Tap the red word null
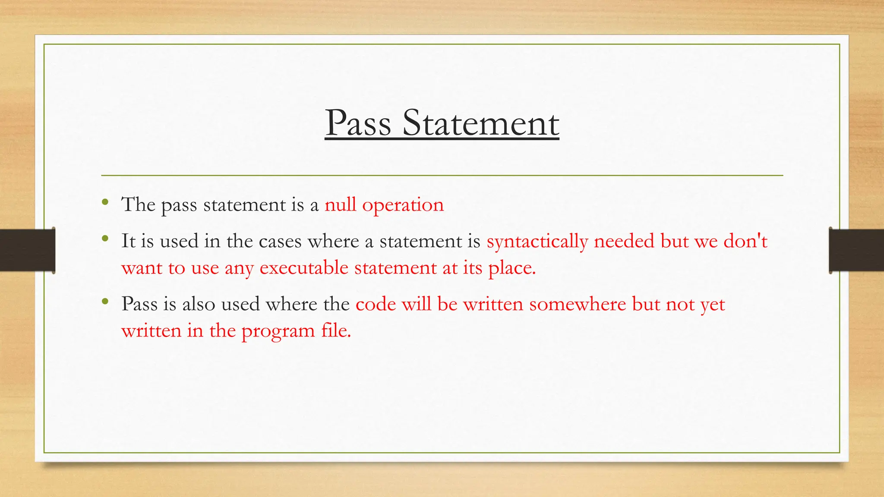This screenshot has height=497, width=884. click(x=341, y=204)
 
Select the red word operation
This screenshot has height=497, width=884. click(x=403, y=205)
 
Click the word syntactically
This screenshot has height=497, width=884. click(x=537, y=242)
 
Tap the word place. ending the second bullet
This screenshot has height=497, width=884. click(x=512, y=269)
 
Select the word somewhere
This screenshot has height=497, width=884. click(x=578, y=304)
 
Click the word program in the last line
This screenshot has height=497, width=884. click(x=278, y=332)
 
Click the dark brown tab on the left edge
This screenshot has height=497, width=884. click(x=27, y=250)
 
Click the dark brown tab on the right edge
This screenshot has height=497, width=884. click(x=856, y=250)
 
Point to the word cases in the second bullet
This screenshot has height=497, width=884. click(x=280, y=241)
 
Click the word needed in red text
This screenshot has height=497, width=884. click(x=624, y=241)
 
